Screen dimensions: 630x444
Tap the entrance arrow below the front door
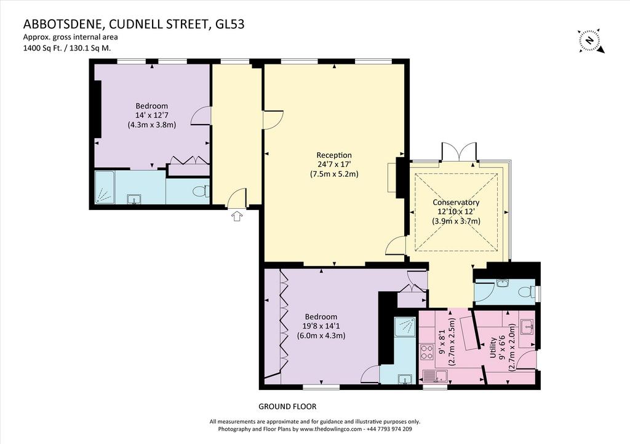[237, 216]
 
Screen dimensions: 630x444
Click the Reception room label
[334, 155]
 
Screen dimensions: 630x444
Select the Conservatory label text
[456, 203]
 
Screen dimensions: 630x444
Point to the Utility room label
[493, 348]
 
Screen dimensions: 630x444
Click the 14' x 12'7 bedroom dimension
[152, 115]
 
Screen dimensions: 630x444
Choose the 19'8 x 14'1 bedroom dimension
[321, 326]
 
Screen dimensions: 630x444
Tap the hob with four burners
[426, 352]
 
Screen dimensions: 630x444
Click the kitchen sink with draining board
[436, 376]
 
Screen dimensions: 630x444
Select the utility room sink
[527, 327]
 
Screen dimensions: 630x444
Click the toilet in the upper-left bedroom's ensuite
[201, 192]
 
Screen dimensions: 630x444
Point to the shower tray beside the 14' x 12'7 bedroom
[105, 187]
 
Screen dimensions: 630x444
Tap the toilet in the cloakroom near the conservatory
[527, 292]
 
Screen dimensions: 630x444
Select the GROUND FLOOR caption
[287, 407]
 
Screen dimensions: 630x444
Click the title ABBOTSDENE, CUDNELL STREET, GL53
[134, 25]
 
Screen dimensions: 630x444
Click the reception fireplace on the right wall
[392, 177]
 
